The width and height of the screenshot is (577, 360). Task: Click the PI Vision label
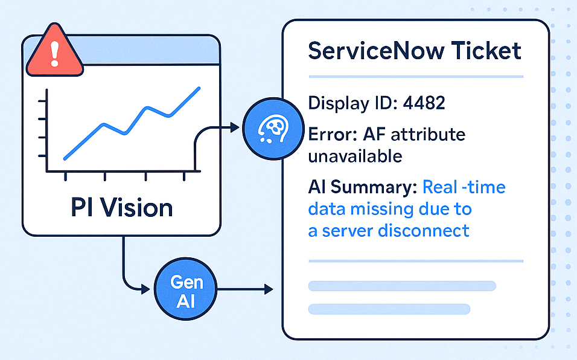tap(121, 207)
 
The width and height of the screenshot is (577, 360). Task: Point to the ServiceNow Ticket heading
tap(414, 50)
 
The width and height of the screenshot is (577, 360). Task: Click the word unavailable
tap(355, 156)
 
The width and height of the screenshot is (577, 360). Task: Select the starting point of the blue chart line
tap(64, 159)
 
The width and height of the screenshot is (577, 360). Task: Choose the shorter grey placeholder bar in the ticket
tap(389, 309)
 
